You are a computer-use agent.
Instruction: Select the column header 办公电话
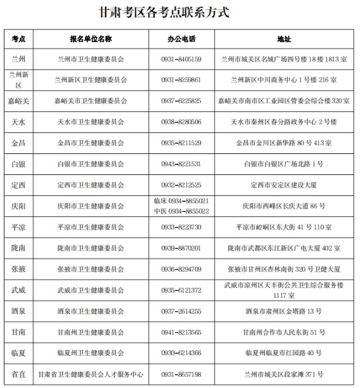coord(181,39)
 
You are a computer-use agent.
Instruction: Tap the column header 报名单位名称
coord(91,39)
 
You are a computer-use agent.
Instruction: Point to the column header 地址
coord(284,39)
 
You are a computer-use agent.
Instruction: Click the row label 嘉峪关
coord(18,101)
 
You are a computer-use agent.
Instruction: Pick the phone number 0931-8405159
coord(181,59)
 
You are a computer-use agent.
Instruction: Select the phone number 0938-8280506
coord(181,122)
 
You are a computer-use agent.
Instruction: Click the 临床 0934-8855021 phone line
coord(181,201)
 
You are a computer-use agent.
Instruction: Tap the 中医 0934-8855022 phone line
coord(181,210)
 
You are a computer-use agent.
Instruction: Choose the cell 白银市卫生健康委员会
coord(91,164)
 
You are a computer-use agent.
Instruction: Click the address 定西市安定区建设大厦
coord(284,185)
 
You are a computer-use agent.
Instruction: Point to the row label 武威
coord(18,290)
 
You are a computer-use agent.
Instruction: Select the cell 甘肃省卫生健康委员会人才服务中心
coord(91,374)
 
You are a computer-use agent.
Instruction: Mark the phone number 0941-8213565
coord(181,332)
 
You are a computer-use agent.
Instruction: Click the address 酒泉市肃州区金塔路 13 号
coord(284,311)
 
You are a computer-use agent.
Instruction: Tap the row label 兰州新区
coord(18,80)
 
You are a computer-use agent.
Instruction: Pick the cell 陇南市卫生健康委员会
coord(91,248)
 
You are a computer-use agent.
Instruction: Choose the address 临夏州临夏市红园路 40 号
coord(284,353)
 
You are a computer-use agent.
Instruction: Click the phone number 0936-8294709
coord(181,269)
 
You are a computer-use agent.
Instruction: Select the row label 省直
coord(18,374)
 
